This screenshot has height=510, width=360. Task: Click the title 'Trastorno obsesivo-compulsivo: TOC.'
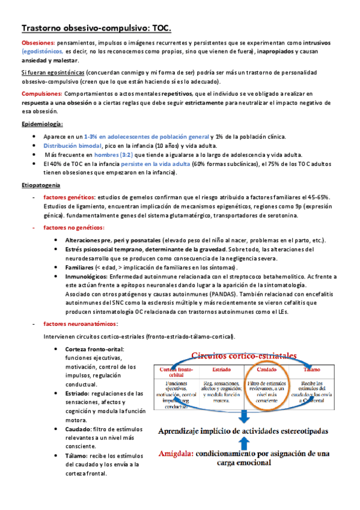coord(96,28)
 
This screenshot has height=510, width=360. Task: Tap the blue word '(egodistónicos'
coord(42,52)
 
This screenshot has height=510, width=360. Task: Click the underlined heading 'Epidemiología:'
coord(42,123)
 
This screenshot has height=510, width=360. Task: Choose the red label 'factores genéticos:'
coord(69,197)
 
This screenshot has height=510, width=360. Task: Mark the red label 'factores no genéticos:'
coord(74,227)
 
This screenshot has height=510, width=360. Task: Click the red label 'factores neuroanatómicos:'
coord(81,324)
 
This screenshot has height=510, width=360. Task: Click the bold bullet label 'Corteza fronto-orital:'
coord(94,349)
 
